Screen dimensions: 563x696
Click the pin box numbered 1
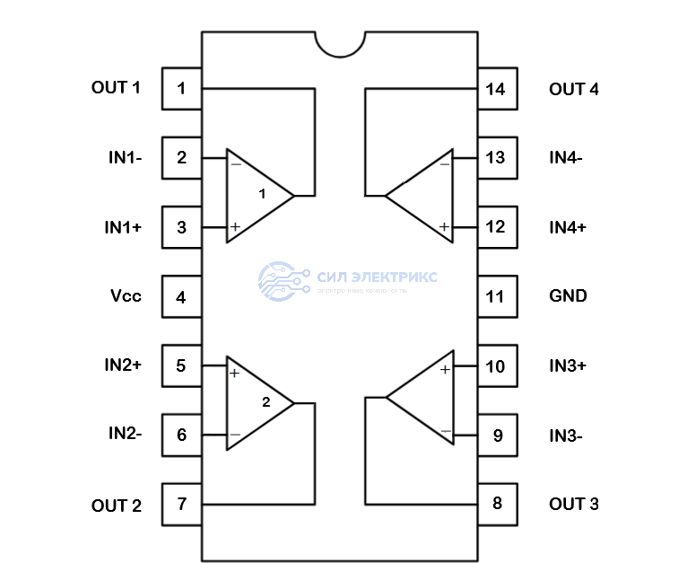[x=182, y=89]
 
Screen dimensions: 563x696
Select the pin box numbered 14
[x=495, y=89]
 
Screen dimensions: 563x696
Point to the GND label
[x=568, y=295]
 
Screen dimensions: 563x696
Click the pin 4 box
[x=182, y=296]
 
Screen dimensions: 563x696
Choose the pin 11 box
[x=495, y=296]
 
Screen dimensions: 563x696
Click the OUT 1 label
[x=116, y=88]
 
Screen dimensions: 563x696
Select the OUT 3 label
[x=573, y=504]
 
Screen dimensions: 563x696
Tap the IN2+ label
[x=123, y=365]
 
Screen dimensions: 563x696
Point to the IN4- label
[x=566, y=157]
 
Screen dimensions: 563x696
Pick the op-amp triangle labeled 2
[x=256, y=401]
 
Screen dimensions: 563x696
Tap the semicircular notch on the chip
[x=339, y=41]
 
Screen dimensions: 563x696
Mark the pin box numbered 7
[x=182, y=504]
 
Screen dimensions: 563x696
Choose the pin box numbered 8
[x=497, y=504]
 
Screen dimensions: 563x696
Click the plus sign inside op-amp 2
[x=234, y=373]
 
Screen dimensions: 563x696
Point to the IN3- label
[x=566, y=436]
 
